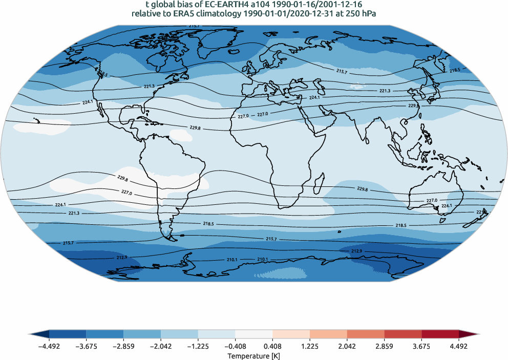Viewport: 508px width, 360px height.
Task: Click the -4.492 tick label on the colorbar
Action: pyautogui.click(x=49, y=346)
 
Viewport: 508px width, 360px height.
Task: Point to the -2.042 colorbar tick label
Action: pyautogui.click(x=161, y=346)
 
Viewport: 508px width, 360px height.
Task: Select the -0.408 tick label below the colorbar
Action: pyautogui.click(x=235, y=346)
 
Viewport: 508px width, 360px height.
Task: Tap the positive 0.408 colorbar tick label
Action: pyautogui.click(x=272, y=346)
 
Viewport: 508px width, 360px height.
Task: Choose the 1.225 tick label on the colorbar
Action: pyautogui.click(x=310, y=346)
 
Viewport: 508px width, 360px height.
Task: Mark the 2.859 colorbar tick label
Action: pyautogui.click(x=384, y=346)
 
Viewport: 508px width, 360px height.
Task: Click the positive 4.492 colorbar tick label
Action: pyautogui.click(x=459, y=346)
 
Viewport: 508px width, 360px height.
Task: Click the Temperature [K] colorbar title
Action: pyautogui.click(x=254, y=355)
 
